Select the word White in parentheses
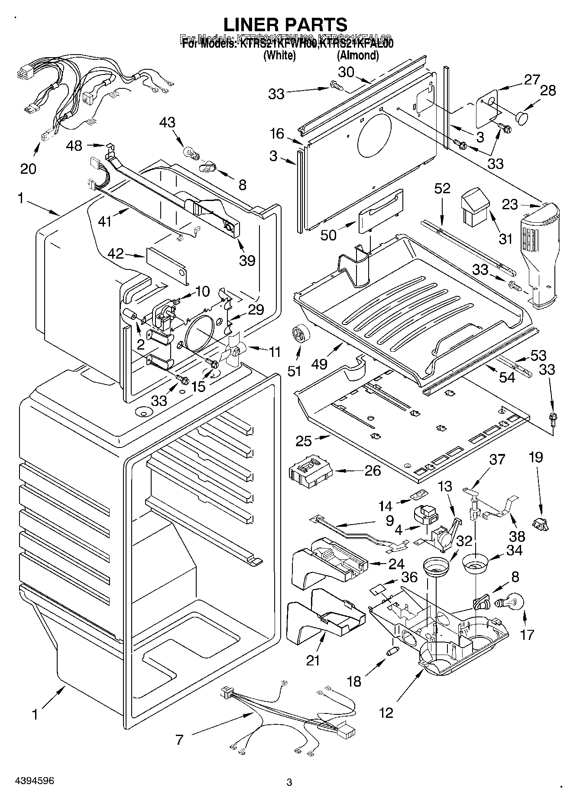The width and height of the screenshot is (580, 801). click(279, 55)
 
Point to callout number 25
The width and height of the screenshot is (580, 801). click(304, 441)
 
